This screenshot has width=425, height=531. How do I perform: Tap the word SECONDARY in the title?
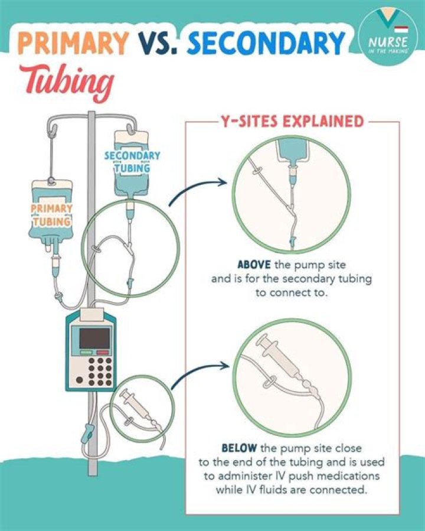click(266, 43)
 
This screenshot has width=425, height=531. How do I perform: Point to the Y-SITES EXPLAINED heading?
click(292, 121)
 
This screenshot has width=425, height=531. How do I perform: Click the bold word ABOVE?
click(254, 264)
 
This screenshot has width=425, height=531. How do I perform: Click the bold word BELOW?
click(239, 448)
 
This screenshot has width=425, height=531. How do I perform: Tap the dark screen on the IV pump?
click(94, 338)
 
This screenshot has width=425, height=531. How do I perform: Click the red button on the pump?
click(103, 352)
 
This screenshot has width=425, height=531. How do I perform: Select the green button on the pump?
click(86, 352)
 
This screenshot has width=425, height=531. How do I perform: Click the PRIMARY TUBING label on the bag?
click(51, 215)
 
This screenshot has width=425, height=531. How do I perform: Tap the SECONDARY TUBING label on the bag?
click(132, 161)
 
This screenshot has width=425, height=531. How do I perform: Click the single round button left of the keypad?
click(80, 380)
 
